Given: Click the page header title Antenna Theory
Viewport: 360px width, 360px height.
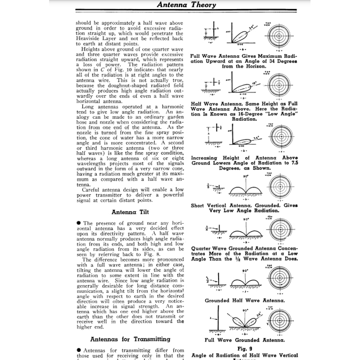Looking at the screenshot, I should (x=186, y=5).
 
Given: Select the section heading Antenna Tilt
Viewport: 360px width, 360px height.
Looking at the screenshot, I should (x=130, y=211).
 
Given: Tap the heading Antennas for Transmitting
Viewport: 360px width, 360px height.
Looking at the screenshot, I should (x=130, y=339).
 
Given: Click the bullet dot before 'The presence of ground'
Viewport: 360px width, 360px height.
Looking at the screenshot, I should (x=78, y=223).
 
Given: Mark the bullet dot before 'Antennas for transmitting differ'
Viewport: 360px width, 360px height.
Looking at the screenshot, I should (x=78, y=350).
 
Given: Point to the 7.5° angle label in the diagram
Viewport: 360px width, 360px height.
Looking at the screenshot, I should (x=256, y=138).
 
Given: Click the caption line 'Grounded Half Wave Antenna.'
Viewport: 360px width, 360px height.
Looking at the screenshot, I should (x=244, y=300).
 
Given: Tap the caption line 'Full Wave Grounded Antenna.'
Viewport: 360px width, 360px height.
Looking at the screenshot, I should (x=244, y=340).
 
